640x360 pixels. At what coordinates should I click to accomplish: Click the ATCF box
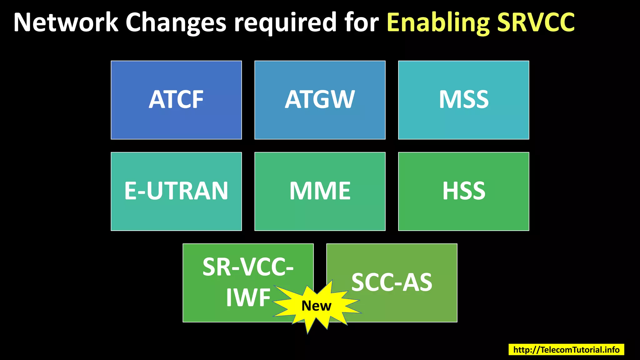pyautogui.click(x=176, y=100)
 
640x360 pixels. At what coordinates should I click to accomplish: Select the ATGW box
pyautogui.click(x=320, y=100)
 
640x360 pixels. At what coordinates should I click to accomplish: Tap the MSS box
pyautogui.click(x=463, y=100)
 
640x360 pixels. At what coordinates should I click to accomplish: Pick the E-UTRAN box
pyautogui.click(x=176, y=191)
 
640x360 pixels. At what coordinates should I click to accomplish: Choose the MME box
pyautogui.click(x=320, y=191)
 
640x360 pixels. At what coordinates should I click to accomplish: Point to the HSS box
pyautogui.click(x=463, y=191)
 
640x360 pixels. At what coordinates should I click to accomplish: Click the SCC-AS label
pyautogui.click(x=392, y=282)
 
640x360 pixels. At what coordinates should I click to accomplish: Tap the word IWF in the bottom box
pyautogui.click(x=248, y=297)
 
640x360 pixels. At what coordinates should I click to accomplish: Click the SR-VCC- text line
pyautogui.click(x=248, y=267)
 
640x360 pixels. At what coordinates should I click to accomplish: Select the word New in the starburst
pyautogui.click(x=316, y=306)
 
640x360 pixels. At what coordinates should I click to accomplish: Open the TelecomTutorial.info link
pyautogui.click(x=566, y=349)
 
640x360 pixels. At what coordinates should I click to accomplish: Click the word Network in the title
pyautogui.click(x=66, y=22)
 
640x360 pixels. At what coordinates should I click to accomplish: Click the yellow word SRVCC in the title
pyautogui.click(x=536, y=22)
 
